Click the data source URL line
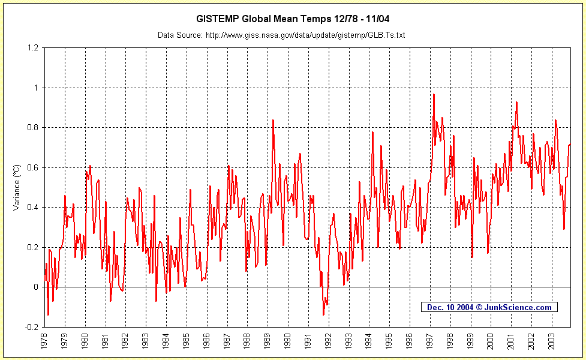(x=281, y=35)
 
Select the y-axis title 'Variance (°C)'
(x=16, y=187)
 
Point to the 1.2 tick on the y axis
(x=33, y=47)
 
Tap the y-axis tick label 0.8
(x=33, y=127)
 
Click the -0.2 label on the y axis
(x=32, y=327)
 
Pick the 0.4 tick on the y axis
(x=33, y=207)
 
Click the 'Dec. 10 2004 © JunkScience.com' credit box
(x=489, y=307)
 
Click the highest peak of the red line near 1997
(x=433, y=94)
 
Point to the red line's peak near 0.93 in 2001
(x=516, y=102)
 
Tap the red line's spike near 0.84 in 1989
(x=273, y=120)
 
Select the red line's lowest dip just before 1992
(x=323, y=314)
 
